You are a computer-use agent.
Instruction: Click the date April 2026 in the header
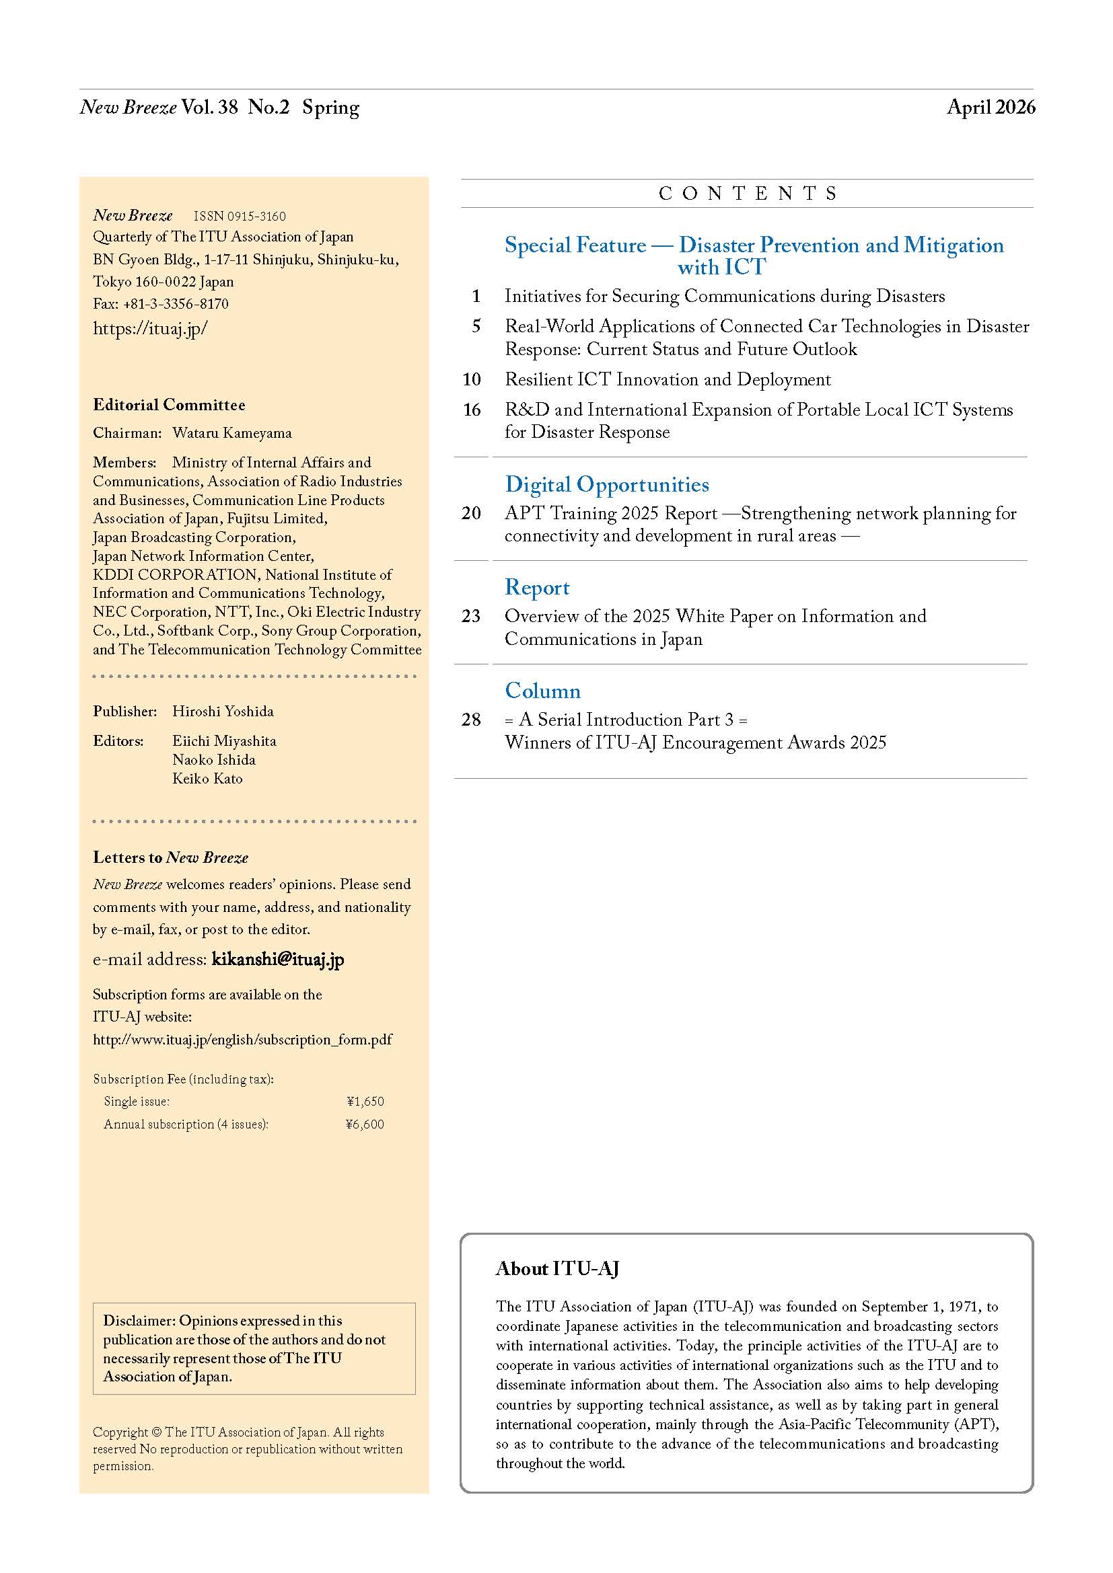coord(991,108)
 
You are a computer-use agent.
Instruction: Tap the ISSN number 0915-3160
coord(239,217)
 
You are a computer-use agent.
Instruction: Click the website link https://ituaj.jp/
coord(150,329)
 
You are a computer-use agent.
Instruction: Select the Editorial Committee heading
coord(170,405)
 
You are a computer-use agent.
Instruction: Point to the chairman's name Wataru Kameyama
coord(231,433)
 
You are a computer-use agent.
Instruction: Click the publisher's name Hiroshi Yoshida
coord(223,711)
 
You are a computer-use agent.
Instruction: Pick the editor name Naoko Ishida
coord(214,760)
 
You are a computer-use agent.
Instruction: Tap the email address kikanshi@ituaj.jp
coord(277,959)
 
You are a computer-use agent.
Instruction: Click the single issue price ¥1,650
coord(365,1102)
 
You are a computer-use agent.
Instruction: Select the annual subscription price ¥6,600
coord(365,1124)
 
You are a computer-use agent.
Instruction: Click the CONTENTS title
coord(747,194)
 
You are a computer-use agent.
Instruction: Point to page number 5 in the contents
coord(476,326)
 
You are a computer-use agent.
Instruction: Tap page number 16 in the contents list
coord(472,410)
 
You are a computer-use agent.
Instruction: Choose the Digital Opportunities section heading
coord(606,484)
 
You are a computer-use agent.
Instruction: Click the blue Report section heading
coord(536,588)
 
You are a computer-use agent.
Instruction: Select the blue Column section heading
coord(542,691)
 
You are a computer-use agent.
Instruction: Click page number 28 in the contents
coord(471,720)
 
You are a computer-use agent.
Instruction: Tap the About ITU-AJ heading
coord(557,1269)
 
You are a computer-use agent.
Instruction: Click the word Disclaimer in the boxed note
coord(139,1320)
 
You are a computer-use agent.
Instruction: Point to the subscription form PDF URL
coord(243,1039)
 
